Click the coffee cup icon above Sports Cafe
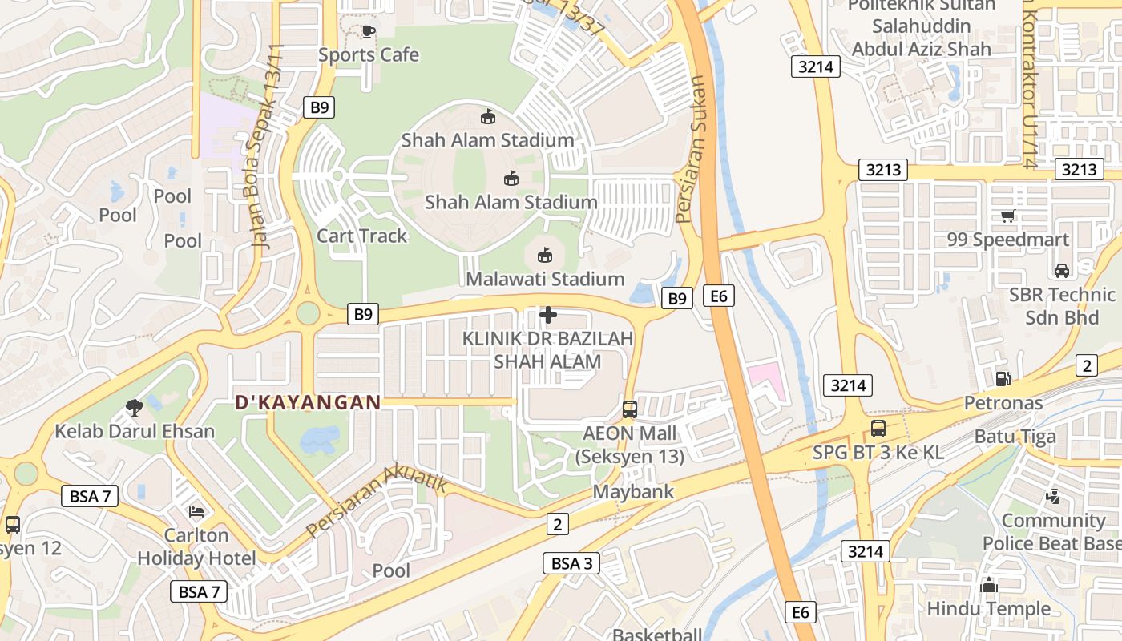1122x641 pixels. pos(368,32)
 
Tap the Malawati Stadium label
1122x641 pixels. pos(545,279)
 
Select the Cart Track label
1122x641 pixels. pos(362,236)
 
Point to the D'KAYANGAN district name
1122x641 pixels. pos(308,402)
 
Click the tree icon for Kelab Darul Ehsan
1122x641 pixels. pos(135,408)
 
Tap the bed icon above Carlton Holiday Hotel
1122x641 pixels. pos(196,511)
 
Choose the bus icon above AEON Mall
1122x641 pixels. pos(630,409)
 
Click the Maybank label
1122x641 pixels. pos(633,491)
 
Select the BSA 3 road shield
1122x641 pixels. pos(571,563)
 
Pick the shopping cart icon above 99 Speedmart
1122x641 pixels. pos(1008,216)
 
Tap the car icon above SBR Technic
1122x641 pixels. pos(1062,271)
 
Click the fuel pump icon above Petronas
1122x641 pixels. pos(1003,378)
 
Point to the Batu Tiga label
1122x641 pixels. pos(1015,437)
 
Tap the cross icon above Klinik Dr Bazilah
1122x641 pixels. pos(548,315)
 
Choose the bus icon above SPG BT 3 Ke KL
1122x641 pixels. pos(878,429)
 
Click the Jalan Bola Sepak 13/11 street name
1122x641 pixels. pos(268,146)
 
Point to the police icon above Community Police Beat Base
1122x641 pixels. pos(1053,497)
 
